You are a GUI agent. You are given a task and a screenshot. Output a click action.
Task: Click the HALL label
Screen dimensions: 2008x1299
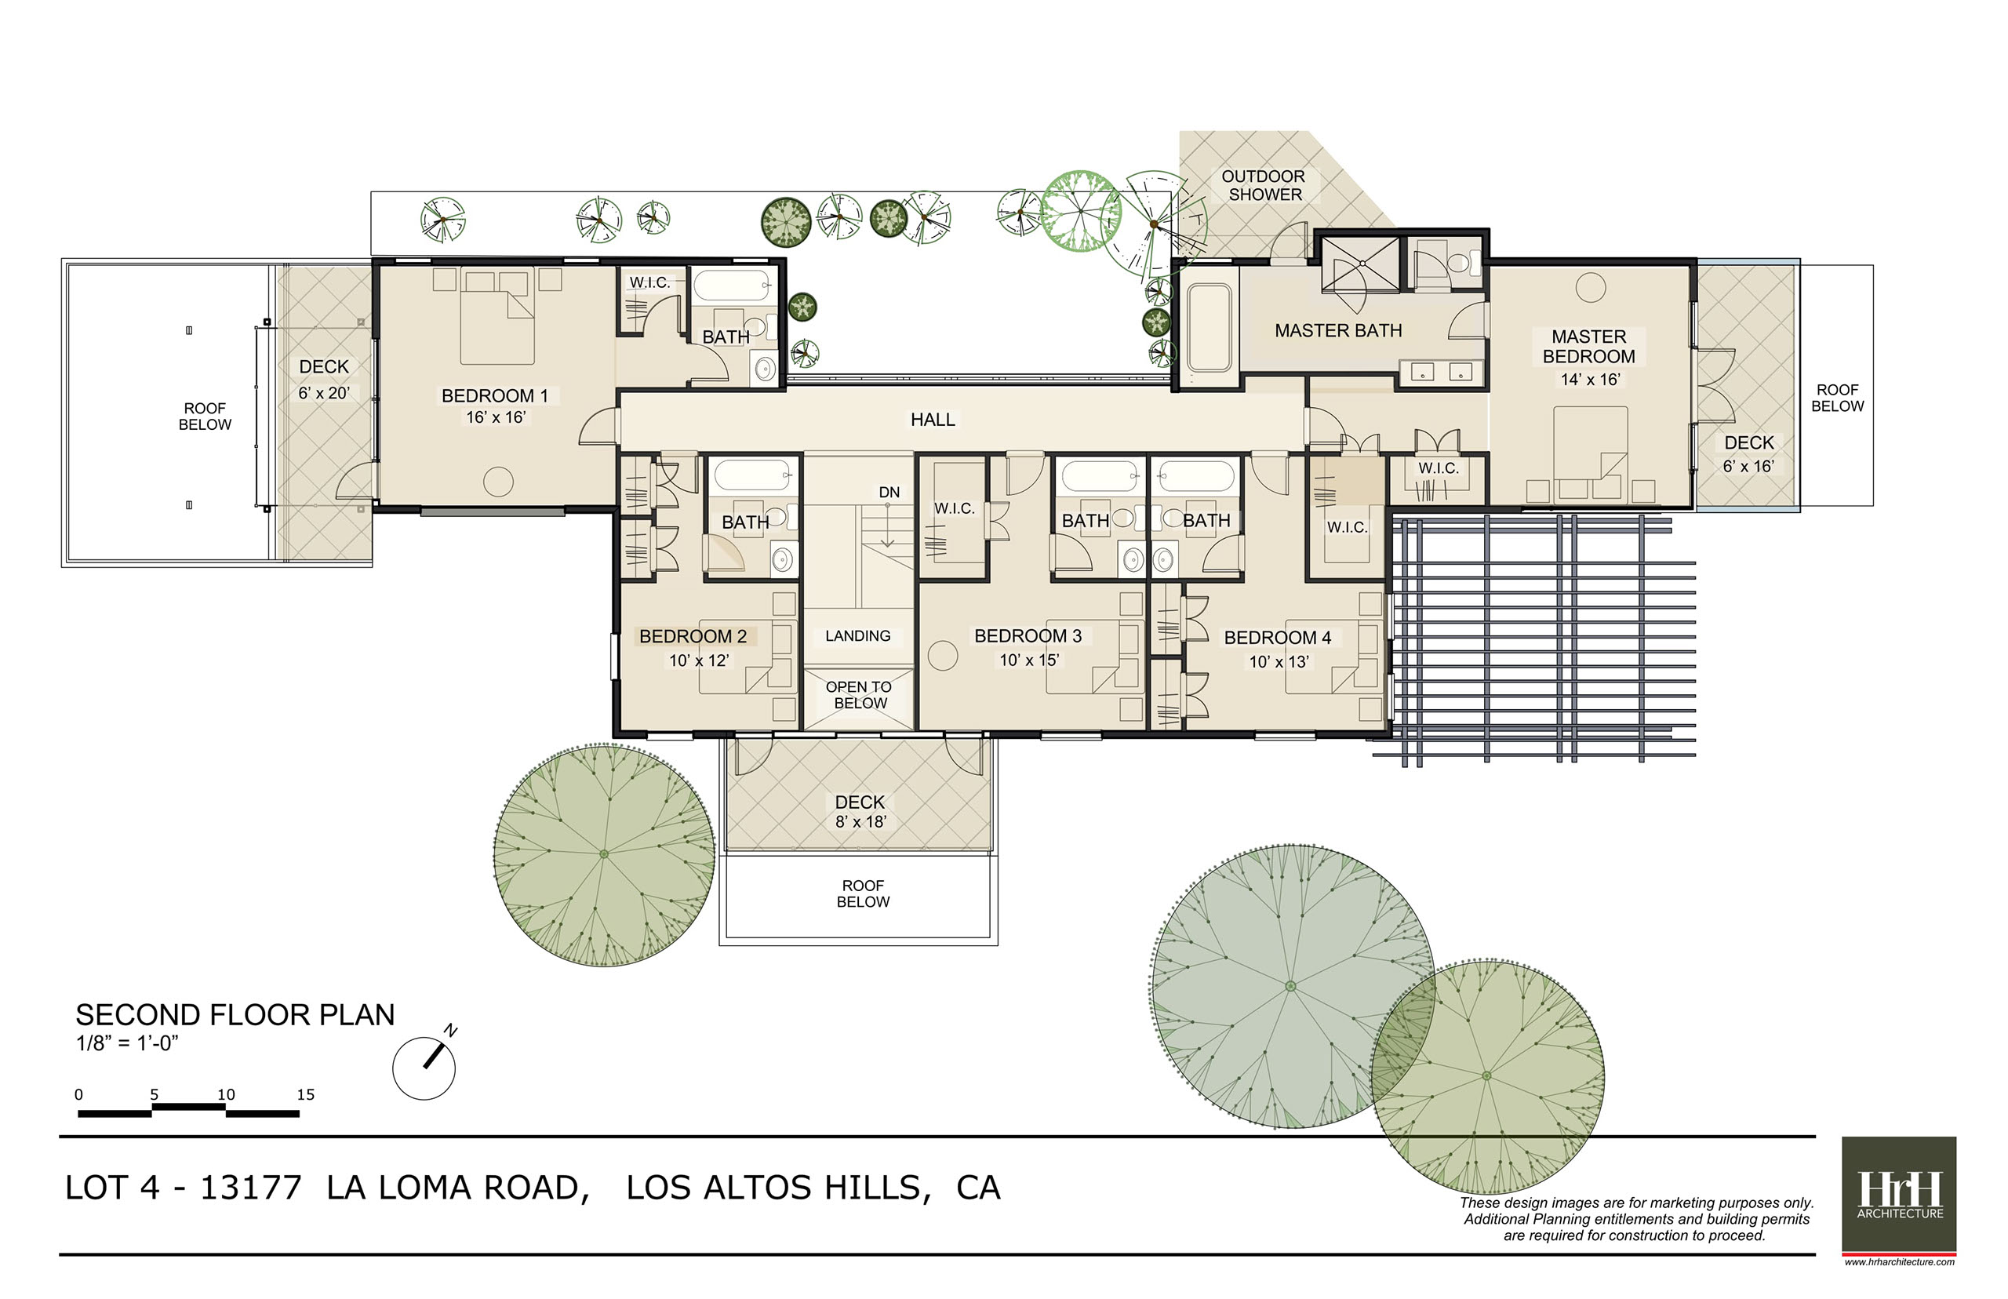pos(932,419)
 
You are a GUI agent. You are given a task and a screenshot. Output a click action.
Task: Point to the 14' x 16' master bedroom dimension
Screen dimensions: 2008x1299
pos(1590,380)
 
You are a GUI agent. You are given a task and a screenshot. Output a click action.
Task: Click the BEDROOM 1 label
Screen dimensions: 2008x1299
pos(494,395)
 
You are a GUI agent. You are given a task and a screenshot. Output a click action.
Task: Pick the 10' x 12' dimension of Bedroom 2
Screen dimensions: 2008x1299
pos(698,660)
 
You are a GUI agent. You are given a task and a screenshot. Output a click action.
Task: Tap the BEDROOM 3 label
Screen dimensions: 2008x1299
pos(1028,636)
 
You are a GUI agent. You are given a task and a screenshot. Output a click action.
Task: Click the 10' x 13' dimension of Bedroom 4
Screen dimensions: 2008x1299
pos(1279,662)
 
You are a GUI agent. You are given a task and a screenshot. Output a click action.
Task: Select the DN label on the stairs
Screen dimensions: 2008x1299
pos(889,493)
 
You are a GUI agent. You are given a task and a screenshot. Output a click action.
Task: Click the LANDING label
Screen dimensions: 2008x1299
pos(857,636)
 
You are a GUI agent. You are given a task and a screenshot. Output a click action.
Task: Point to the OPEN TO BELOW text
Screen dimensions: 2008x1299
pos(860,695)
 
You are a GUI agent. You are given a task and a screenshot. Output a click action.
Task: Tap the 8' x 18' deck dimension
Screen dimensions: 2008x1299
pos(860,822)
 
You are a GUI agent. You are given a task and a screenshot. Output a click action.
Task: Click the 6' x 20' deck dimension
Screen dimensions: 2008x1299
pos(324,393)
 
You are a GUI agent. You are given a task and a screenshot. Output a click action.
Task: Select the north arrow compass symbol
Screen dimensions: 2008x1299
pos(425,1064)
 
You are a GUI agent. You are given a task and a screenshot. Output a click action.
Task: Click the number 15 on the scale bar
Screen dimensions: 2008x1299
pos(305,1095)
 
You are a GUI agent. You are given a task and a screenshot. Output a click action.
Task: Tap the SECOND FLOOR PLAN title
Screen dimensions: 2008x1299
pos(235,1015)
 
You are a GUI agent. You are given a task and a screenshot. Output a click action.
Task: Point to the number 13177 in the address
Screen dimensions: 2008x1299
pos(250,1188)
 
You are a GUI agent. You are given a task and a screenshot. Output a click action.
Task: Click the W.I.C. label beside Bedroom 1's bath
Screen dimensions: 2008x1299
pos(649,282)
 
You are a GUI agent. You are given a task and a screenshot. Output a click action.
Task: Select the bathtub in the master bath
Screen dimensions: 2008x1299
pos(1209,328)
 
